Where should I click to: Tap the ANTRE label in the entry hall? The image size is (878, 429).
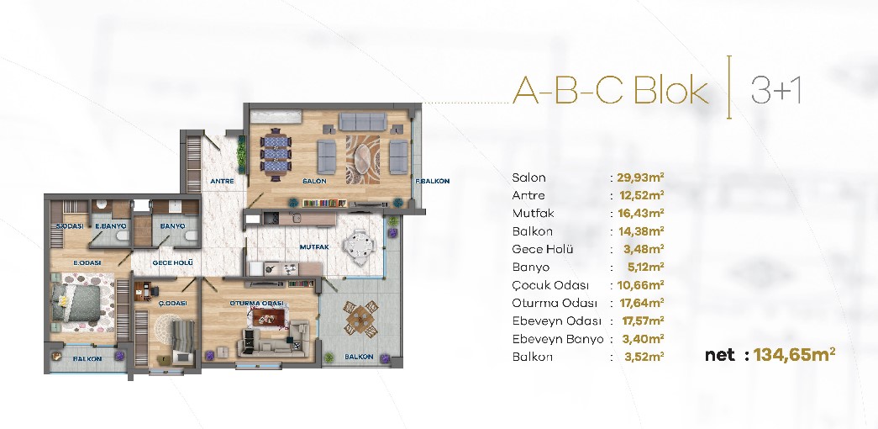coord(223,182)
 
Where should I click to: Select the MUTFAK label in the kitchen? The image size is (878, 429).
coord(313,246)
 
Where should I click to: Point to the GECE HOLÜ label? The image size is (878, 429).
coord(173,262)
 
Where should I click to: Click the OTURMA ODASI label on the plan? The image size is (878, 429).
coord(258,304)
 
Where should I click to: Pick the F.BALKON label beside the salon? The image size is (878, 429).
coord(433,182)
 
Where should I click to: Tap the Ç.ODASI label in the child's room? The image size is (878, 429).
coord(172,304)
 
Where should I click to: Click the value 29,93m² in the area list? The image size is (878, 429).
coord(640,177)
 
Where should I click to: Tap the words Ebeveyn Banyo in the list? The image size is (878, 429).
coord(558,339)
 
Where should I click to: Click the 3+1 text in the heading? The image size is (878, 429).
coord(775,90)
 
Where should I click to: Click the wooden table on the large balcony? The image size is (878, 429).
coord(360,318)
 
